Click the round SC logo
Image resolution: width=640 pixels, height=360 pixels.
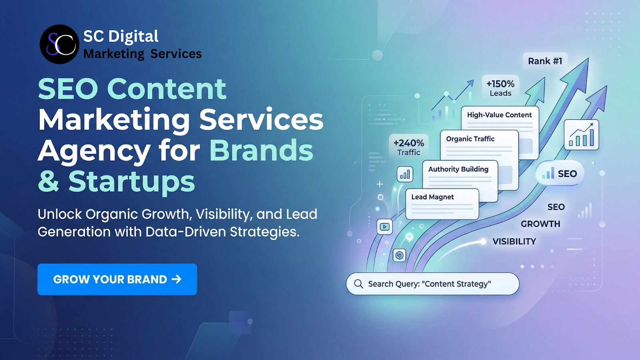coord(60,44)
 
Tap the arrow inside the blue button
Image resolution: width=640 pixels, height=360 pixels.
coord(176,279)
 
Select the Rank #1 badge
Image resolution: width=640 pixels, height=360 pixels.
coord(545,61)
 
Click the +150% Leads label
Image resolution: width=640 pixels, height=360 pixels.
coord(500,88)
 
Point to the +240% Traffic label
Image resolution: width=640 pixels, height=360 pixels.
coord(408,147)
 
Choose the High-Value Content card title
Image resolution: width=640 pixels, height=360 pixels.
coord(499,115)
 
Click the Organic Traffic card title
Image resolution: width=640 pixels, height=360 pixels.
coord(470,139)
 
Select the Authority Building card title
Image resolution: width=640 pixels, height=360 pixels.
coord(458,169)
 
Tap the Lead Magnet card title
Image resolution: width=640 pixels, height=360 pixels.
coord(432,197)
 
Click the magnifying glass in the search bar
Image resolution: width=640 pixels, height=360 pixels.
coord(358,284)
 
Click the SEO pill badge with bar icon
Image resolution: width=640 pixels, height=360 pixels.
coord(560,174)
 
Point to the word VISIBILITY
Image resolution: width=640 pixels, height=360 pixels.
coord(514,242)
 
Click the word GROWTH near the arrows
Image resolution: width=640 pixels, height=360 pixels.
coord(540,224)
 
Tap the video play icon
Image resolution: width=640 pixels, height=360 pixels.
coord(384,227)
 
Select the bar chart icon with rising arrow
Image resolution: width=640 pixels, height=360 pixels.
coord(581,135)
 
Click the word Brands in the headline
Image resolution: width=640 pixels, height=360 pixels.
coord(261,151)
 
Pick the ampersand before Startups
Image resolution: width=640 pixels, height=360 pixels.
coord(48,182)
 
